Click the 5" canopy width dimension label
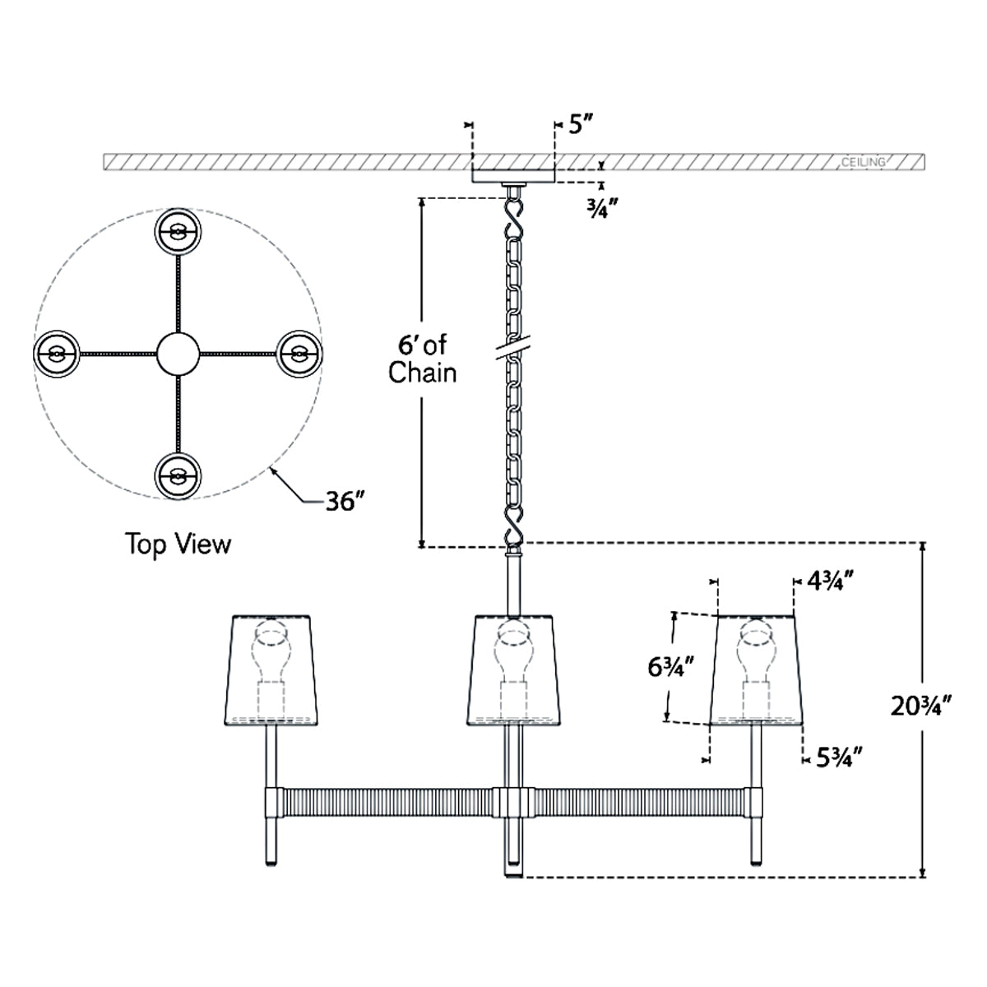[x=581, y=126]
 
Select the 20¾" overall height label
[x=922, y=705]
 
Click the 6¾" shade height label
[x=669, y=668]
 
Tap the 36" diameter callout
[x=344, y=501]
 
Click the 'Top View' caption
[x=178, y=544]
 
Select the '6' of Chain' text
[x=422, y=359]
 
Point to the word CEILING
[x=864, y=162]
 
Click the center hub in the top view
[x=178, y=354]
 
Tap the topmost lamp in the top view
[x=178, y=233]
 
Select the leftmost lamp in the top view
[x=56, y=354]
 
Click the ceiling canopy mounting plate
[x=514, y=174]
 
